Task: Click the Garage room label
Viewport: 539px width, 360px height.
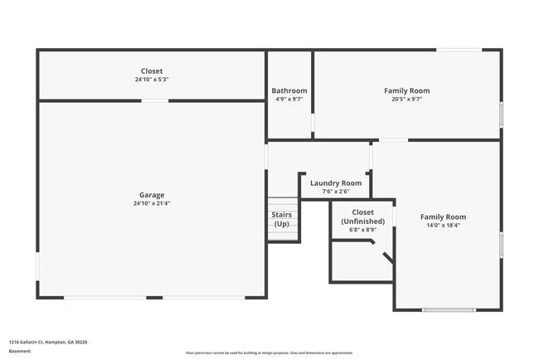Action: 152,195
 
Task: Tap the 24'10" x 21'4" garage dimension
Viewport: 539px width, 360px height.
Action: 152,203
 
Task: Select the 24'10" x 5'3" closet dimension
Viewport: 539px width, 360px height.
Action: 152,80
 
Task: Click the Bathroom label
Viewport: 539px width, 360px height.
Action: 289,90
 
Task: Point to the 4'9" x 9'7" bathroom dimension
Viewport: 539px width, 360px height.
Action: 289,99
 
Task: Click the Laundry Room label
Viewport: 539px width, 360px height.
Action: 336,182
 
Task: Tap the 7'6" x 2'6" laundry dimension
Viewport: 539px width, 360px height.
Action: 336,192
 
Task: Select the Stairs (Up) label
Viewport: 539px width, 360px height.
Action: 282,220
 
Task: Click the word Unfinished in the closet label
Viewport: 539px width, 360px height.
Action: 363,221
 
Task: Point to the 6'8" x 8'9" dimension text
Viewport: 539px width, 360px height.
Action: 363,230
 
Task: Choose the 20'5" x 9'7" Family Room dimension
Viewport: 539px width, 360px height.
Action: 406,99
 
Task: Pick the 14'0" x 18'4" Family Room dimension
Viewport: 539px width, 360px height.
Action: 443,225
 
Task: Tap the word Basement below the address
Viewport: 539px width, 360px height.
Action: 19,351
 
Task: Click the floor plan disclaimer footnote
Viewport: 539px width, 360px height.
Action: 269,353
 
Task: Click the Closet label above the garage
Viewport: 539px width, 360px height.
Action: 152,71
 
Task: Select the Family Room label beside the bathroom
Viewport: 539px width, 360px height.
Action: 406,90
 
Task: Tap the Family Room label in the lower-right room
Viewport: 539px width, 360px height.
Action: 443,216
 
